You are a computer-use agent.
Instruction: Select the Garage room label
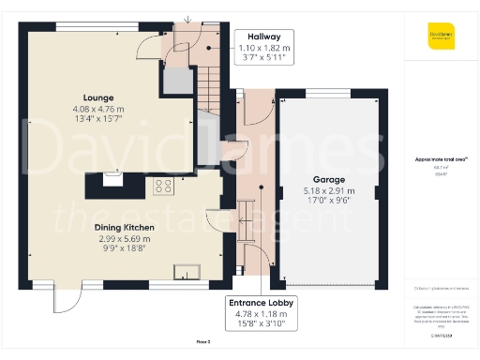329,179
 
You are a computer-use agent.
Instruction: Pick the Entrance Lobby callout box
263,314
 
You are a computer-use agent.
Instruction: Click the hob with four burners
163,186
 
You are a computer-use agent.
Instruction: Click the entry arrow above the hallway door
188,19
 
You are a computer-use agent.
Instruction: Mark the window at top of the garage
319,91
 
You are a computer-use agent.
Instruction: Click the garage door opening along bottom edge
329,285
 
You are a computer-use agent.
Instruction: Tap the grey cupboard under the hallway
174,82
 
